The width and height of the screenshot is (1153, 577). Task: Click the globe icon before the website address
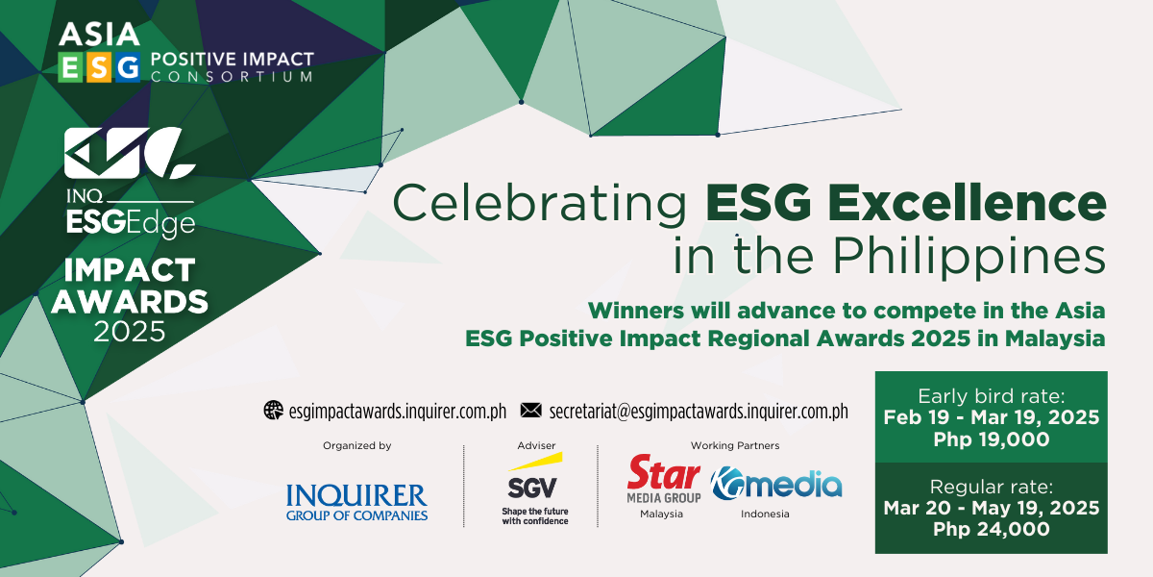[274, 411]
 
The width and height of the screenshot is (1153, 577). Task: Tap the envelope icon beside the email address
[531, 411]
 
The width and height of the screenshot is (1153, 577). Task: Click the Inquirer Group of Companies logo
[356, 502]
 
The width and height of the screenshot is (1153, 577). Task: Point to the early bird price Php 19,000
[991, 439]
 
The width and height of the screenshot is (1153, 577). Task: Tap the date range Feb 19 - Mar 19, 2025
[991, 417]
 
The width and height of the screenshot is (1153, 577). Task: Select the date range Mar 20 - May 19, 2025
[991, 507]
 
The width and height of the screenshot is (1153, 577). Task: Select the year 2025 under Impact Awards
[130, 332]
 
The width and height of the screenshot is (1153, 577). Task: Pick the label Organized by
[357, 446]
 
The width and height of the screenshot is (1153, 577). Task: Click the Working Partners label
[735, 446]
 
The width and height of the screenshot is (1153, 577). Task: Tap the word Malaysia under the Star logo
[661, 514]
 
